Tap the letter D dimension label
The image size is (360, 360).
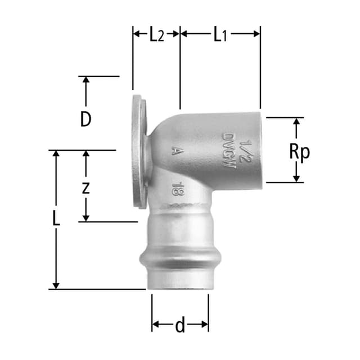pos(85,119)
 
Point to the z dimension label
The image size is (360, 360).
pos(85,187)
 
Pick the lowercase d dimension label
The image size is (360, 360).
pos(179,326)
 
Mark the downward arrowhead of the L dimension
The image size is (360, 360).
pos(56,285)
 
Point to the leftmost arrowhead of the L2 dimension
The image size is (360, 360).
pos(137,34)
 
